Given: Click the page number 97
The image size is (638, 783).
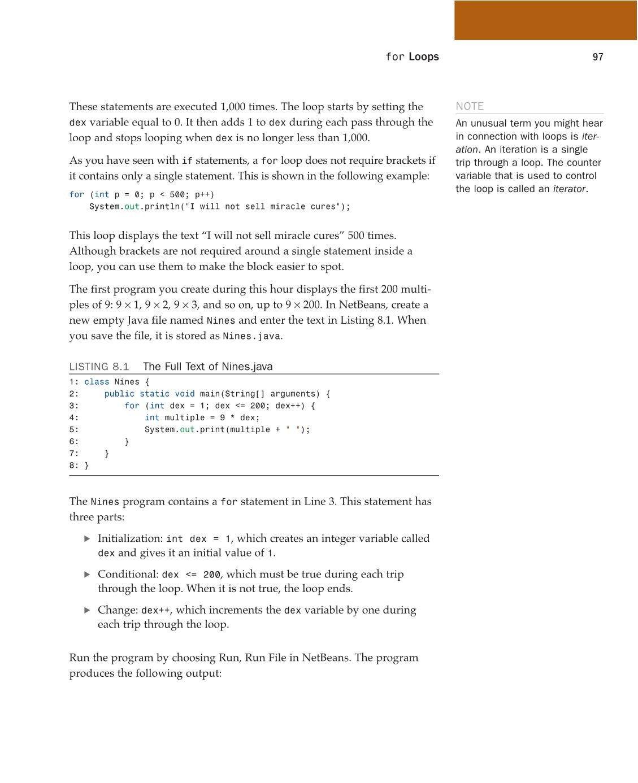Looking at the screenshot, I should point(598,57).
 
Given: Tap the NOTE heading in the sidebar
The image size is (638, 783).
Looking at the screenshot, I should point(470,106).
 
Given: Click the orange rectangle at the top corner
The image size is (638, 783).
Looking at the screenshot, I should point(545,20).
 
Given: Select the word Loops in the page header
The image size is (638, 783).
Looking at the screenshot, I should point(424,56).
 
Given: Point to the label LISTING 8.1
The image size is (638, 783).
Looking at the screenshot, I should point(99,367).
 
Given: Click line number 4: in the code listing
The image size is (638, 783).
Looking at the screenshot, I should point(74,417).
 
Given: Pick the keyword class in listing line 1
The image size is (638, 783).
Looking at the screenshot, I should point(97,382).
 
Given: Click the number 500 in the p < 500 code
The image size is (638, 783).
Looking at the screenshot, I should point(177,194).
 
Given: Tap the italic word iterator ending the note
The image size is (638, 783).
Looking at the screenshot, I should point(569,189).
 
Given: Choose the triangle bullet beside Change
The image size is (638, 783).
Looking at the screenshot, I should point(87,610).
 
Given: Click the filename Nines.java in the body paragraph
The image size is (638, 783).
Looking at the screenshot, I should point(251,336).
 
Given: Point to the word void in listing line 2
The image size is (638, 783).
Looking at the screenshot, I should point(184,394).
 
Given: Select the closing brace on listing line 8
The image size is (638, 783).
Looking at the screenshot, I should point(86,466).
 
